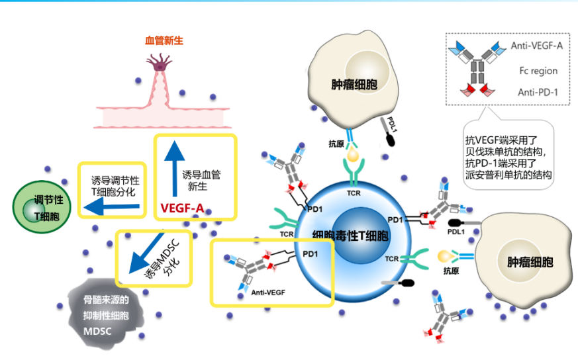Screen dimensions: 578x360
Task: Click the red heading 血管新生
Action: tap(164, 40)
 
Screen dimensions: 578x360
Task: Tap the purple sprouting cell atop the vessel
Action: tap(160, 64)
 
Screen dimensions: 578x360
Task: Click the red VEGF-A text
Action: tap(182, 208)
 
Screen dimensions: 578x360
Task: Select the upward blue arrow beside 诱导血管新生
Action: tap(174, 169)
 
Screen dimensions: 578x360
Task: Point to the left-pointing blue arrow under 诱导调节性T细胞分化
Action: tap(112, 207)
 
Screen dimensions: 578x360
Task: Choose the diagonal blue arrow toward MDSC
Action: tap(146, 253)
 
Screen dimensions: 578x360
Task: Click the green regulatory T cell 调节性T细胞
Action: tap(42, 207)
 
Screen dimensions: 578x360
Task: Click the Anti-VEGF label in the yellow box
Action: tap(268, 292)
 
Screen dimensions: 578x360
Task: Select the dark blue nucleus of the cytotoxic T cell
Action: tap(355, 236)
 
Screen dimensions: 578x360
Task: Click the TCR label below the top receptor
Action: tap(354, 193)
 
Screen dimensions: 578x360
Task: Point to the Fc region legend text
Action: tap(538, 71)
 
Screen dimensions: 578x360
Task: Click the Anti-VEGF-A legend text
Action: tap(537, 46)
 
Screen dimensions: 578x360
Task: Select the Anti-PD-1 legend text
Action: tap(538, 92)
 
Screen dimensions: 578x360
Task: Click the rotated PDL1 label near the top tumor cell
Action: tap(392, 124)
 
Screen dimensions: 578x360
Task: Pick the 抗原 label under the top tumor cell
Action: tap(336, 144)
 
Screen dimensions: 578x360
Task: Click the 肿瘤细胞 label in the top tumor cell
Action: tap(354, 85)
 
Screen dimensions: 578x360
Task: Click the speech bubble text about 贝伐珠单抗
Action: tap(508, 157)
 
